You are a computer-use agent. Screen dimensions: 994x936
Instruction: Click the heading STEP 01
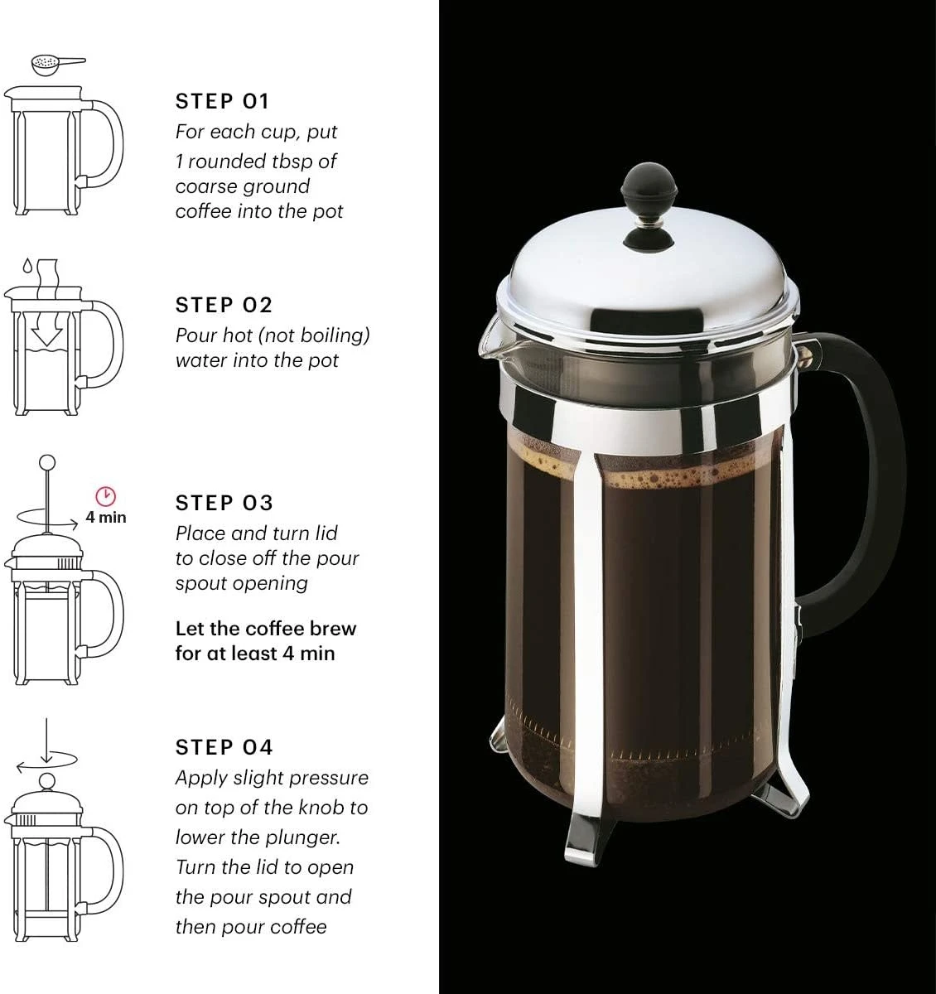pyautogui.click(x=222, y=102)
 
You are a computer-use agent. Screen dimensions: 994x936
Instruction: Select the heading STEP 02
pyautogui.click(x=224, y=306)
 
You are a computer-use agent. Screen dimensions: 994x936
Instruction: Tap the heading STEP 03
pyautogui.click(x=224, y=504)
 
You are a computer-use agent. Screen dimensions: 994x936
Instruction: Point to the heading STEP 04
pyautogui.click(x=224, y=748)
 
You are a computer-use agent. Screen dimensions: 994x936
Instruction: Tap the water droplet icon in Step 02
pyautogui.click(x=27, y=267)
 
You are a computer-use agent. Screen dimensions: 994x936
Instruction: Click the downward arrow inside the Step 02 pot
pyautogui.click(x=47, y=331)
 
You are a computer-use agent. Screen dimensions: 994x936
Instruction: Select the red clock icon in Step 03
pyautogui.click(x=105, y=496)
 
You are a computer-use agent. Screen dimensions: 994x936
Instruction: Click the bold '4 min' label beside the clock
pyautogui.click(x=106, y=518)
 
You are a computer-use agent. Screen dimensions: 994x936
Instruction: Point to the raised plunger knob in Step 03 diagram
pyautogui.click(x=47, y=462)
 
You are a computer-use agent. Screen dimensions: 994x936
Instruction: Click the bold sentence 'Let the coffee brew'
pyautogui.click(x=265, y=629)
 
